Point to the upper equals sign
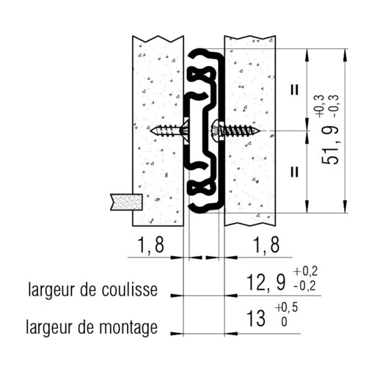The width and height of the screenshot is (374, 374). coord(294,90)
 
